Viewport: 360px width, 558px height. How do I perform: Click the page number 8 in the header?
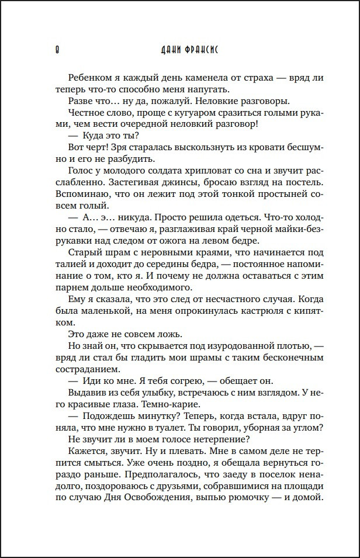pos(50,50)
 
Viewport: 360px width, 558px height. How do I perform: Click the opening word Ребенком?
pos(89,78)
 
